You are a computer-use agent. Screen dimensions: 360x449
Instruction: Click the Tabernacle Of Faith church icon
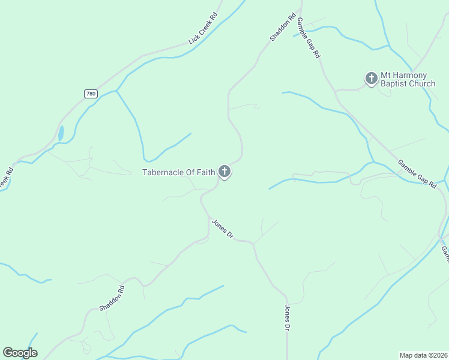point(224,172)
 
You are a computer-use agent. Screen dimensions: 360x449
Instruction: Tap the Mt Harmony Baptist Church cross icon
point(372,78)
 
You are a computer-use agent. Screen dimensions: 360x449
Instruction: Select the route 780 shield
point(91,94)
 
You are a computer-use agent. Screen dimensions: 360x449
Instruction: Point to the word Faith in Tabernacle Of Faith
point(203,173)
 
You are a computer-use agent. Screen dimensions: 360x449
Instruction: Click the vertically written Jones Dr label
point(287,317)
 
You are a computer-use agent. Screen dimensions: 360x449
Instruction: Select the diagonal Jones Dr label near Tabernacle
point(221,229)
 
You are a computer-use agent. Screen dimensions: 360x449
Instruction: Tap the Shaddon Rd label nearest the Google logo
point(112,298)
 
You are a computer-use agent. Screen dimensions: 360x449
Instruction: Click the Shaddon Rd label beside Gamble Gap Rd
point(283,27)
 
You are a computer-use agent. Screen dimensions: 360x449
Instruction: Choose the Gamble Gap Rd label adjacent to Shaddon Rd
point(309,37)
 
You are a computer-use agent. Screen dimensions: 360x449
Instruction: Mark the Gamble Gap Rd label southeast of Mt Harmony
point(417,174)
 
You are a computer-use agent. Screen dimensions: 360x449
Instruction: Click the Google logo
point(20,353)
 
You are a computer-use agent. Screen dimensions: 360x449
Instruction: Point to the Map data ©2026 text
point(423,355)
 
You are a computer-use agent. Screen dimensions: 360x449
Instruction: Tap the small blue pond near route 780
point(61,133)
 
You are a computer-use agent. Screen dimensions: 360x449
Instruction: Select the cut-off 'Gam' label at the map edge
point(445,253)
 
